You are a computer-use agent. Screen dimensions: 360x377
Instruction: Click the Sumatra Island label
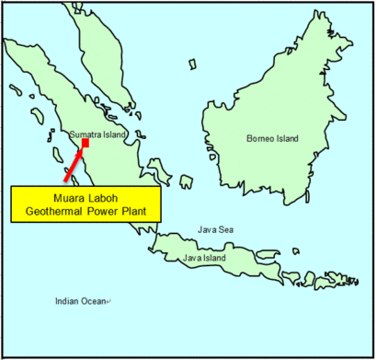click(x=97, y=135)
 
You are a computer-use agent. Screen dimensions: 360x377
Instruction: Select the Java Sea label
click(x=215, y=230)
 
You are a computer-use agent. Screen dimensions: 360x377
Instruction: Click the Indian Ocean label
click(x=79, y=301)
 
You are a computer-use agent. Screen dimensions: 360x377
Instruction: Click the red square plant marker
click(x=86, y=143)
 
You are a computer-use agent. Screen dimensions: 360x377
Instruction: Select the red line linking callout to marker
click(x=74, y=163)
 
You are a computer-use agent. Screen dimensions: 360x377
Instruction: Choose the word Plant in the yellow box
click(x=139, y=211)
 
